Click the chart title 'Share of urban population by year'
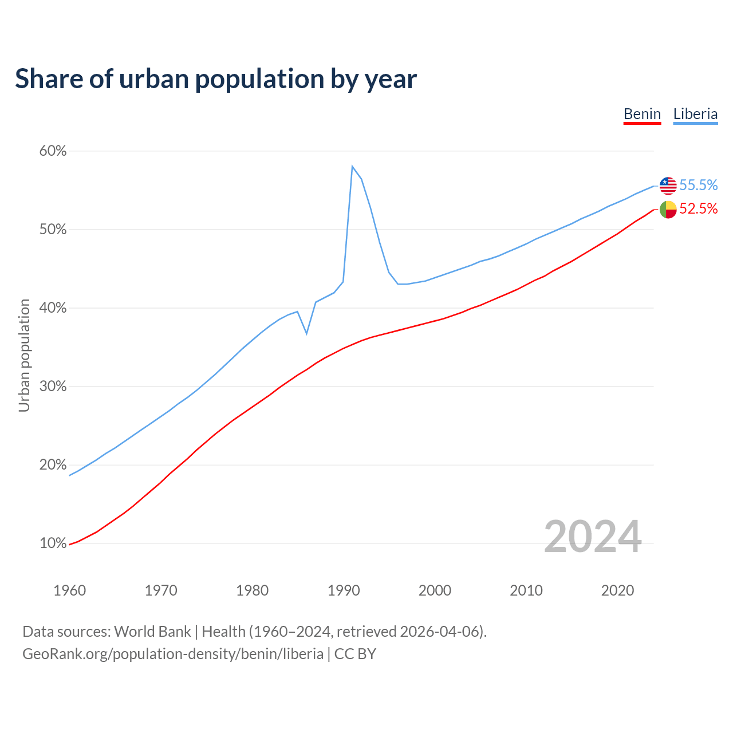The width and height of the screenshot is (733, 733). (216, 78)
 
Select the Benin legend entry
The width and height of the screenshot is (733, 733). (642, 114)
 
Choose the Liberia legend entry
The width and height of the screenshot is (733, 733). (695, 114)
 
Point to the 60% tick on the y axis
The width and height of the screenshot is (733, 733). (53, 151)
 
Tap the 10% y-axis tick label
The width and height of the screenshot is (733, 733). (53, 543)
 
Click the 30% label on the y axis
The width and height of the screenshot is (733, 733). (53, 387)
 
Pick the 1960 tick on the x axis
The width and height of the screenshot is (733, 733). (69, 590)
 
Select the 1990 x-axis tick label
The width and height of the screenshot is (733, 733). (344, 590)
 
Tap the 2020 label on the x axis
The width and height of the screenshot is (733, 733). (617, 590)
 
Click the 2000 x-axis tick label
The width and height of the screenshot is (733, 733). (435, 590)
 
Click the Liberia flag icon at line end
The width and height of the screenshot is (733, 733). (668, 186)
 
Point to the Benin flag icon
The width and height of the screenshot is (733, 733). (668, 210)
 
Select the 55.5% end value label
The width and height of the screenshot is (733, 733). (699, 185)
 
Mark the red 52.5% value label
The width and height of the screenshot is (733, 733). (699, 209)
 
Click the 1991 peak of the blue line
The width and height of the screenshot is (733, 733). (352, 166)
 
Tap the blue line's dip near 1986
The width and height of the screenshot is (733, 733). (307, 333)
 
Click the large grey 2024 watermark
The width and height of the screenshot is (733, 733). (593, 537)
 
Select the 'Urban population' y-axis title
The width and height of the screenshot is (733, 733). (24, 355)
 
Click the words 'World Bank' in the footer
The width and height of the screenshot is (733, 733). (152, 632)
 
